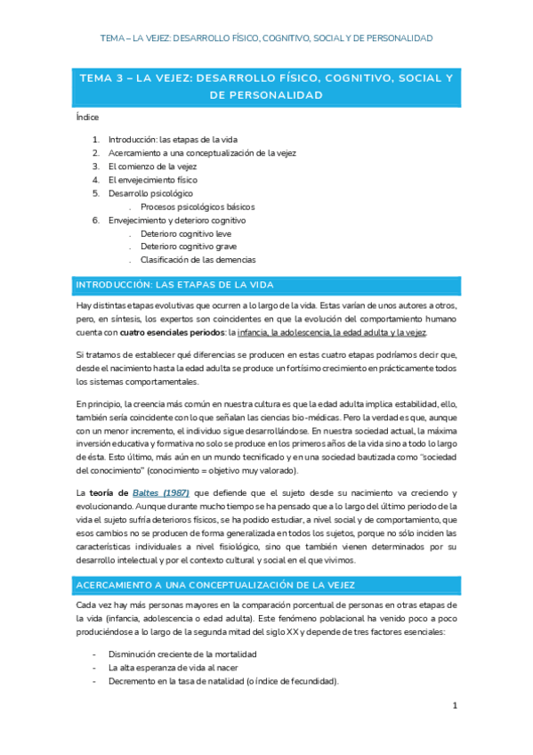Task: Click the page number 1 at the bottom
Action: click(x=454, y=706)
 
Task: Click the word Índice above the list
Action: click(x=87, y=117)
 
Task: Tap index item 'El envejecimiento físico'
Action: click(x=153, y=180)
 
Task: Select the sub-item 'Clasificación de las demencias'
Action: click(x=198, y=260)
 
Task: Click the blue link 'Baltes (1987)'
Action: click(x=160, y=492)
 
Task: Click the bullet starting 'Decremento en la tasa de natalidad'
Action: click(x=223, y=680)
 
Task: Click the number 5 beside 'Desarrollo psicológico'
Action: click(x=95, y=193)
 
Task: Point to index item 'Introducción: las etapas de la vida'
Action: click(x=173, y=140)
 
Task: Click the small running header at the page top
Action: click(x=266, y=38)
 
